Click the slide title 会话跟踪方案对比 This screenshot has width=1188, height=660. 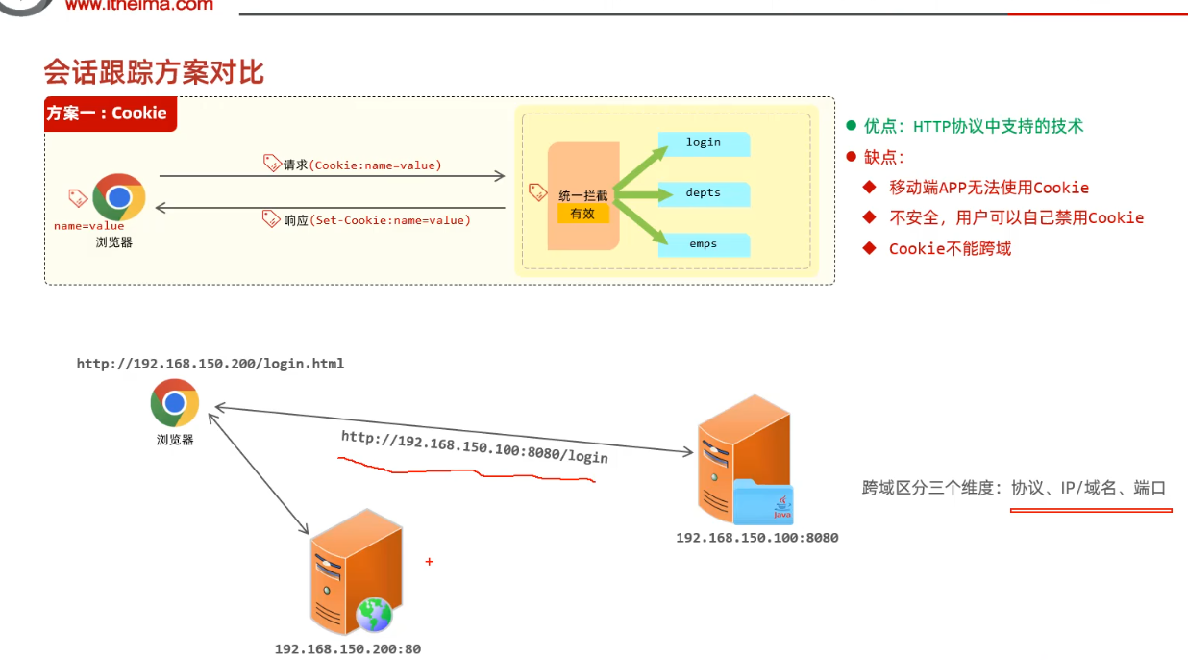154,72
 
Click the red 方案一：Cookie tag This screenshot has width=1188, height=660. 110,114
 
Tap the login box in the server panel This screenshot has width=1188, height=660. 704,143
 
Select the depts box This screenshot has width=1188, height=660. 704,193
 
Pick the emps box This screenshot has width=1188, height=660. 704,244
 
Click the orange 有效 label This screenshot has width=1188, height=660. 582,214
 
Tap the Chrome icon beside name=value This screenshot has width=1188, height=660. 118,197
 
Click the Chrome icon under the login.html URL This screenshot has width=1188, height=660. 175,403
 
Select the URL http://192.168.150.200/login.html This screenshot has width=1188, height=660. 210,364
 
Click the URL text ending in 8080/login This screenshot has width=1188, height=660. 475,446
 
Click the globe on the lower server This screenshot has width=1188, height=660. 374,614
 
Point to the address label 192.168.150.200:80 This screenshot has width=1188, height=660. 348,649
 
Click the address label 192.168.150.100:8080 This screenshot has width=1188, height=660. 756,538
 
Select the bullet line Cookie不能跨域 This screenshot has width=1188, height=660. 950,249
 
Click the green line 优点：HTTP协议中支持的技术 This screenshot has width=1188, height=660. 973,126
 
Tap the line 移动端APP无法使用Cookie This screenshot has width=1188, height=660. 988,188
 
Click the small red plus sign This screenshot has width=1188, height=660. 429,562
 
